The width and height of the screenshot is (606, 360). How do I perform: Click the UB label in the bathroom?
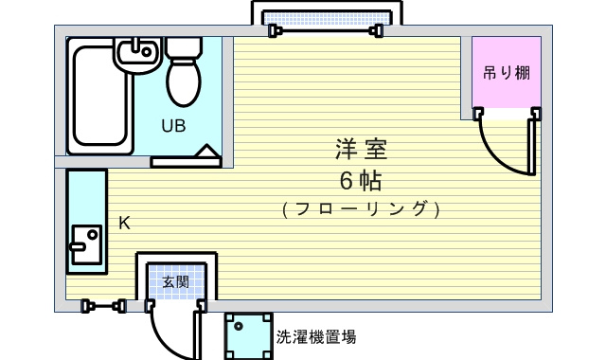(173, 126)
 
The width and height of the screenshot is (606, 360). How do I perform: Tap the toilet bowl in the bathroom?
(184, 81)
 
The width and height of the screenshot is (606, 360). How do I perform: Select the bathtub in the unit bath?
(100, 96)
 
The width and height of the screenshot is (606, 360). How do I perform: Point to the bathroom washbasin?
(137, 55)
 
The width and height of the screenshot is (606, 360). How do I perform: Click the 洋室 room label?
(361, 149)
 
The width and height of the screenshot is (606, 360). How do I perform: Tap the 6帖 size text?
(361, 180)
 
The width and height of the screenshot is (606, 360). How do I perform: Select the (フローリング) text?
(361, 209)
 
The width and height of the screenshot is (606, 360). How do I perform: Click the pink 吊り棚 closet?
(507, 72)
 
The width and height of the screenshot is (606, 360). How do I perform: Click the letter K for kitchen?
(124, 224)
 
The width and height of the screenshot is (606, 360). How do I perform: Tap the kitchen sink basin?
(86, 244)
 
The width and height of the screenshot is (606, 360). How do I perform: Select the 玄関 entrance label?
(176, 282)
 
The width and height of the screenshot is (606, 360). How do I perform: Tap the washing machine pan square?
(248, 336)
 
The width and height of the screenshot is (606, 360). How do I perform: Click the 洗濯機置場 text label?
(316, 337)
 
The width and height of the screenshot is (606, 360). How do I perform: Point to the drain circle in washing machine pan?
(239, 326)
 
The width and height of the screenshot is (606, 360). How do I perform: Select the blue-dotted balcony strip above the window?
(327, 18)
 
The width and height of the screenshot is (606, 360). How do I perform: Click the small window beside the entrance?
(103, 306)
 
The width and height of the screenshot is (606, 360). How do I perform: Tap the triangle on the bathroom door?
(206, 151)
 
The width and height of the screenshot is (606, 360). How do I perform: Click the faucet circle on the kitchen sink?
(93, 234)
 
